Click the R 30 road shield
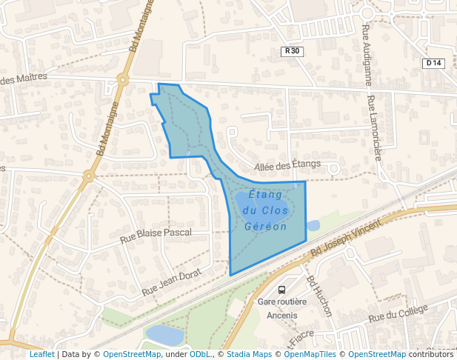[293, 51]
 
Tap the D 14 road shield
[433, 63]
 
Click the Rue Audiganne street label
[367, 54]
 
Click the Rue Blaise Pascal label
[156, 236]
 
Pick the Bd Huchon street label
[319, 296]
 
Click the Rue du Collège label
[398, 314]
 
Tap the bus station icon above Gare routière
[281, 290]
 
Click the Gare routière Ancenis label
[277, 308]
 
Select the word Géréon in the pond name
[265, 227]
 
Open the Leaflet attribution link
[41, 355]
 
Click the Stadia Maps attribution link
[249, 355]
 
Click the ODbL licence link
[201, 355]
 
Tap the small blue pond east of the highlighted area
[313, 225]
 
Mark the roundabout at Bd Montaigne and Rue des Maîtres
[123, 79]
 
